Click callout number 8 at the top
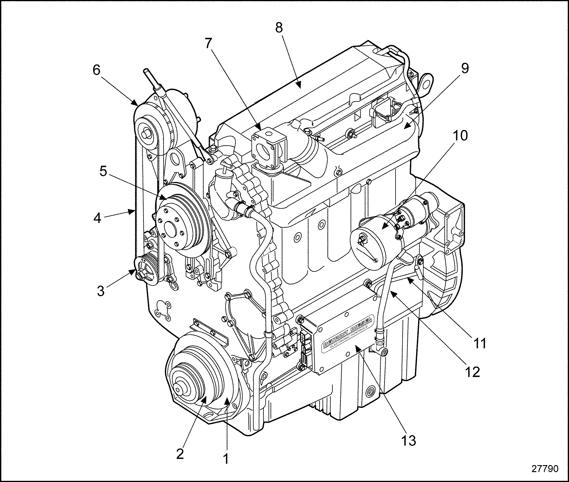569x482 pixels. [x=279, y=28]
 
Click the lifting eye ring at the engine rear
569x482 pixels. [x=426, y=84]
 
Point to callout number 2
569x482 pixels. [x=180, y=454]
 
